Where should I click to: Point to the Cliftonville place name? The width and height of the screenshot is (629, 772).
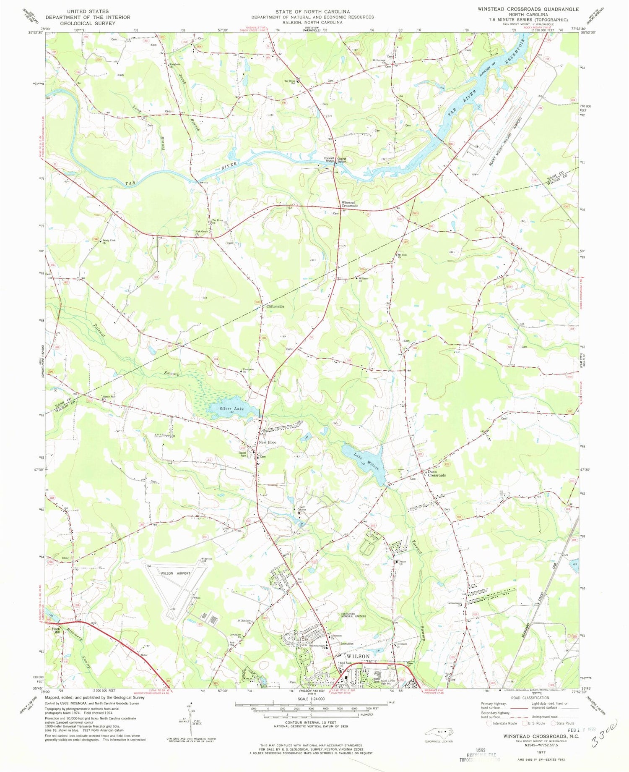(x=275, y=306)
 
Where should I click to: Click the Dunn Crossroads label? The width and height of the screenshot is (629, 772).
(x=436, y=474)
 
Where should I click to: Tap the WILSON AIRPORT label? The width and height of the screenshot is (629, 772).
(x=176, y=573)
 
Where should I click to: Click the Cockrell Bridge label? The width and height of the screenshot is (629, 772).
(x=328, y=160)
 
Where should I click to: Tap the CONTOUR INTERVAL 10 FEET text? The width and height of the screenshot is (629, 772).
(x=307, y=722)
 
